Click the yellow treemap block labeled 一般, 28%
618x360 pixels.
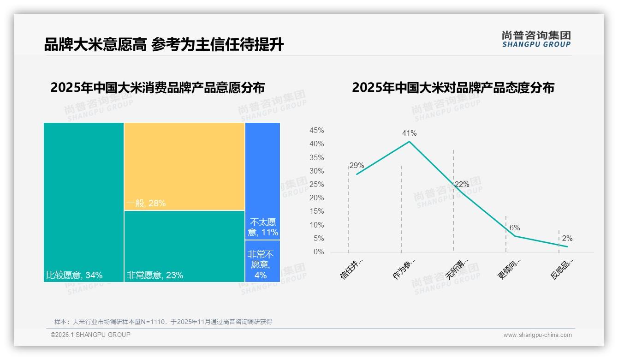[184, 166]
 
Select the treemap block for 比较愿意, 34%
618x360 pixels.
[84, 202]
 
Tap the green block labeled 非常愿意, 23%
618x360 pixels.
[184, 246]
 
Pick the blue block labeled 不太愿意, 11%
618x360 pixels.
[262, 181]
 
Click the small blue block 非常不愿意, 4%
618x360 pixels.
[262, 261]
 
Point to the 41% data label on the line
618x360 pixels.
[409, 133]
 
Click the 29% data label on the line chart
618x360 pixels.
[357, 166]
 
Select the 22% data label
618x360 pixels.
[462, 185]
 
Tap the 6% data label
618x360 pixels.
[515, 228]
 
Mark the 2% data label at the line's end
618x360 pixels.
[567, 239]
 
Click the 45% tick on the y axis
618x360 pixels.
[316, 131]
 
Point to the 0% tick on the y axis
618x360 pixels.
[319, 252]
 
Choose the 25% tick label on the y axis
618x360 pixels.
[316, 185]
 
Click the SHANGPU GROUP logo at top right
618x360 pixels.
[536, 39]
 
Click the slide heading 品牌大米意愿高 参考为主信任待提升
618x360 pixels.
[164, 45]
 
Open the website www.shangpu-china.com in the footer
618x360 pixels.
[537, 335]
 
